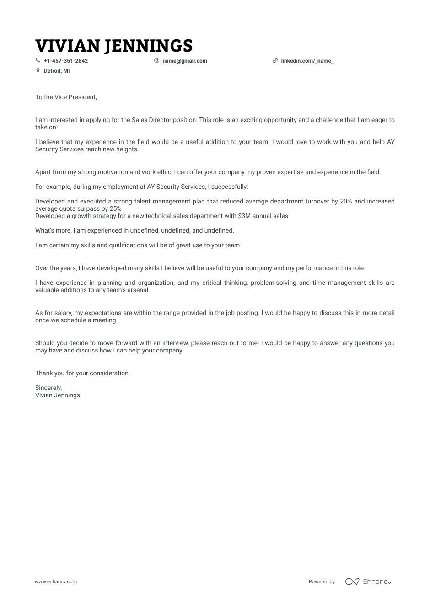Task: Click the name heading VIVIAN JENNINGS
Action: tap(114, 46)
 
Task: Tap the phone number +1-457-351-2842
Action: tap(65, 61)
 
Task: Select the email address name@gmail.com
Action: tap(184, 61)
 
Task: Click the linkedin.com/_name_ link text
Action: tap(307, 61)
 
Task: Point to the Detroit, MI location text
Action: tap(57, 71)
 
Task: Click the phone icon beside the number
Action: tap(38, 60)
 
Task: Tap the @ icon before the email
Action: tap(156, 60)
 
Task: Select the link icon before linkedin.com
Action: tap(275, 60)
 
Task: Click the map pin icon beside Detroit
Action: tap(38, 71)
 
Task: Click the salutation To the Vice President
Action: tap(66, 97)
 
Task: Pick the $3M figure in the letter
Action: tap(243, 216)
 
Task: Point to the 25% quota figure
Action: tap(115, 208)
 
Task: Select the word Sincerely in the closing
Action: tap(48, 388)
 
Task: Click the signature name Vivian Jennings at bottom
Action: tap(57, 395)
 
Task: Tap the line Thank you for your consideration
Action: tap(82, 373)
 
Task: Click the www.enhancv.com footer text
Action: tap(56, 581)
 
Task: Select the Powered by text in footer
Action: tap(322, 581)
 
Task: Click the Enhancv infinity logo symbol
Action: tap(352, 581)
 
